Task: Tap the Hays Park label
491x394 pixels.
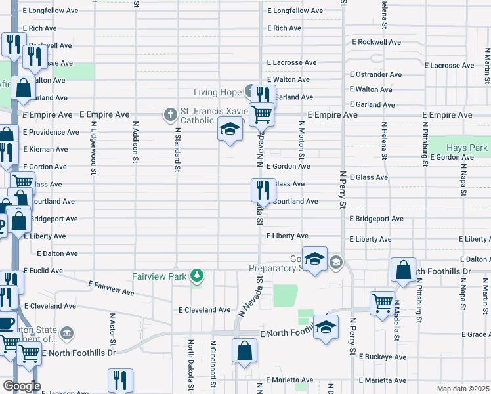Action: (467, 148)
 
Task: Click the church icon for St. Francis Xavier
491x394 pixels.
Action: (170, 116)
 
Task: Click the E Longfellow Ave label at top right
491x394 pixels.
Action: (295, 11)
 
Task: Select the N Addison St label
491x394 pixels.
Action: (135, 142)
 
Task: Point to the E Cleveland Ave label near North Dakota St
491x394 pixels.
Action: (204, 310)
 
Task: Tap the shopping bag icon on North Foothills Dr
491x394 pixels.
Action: (403, 269)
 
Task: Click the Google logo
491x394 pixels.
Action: (22, 386)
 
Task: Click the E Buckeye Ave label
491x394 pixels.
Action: (379, 357)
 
